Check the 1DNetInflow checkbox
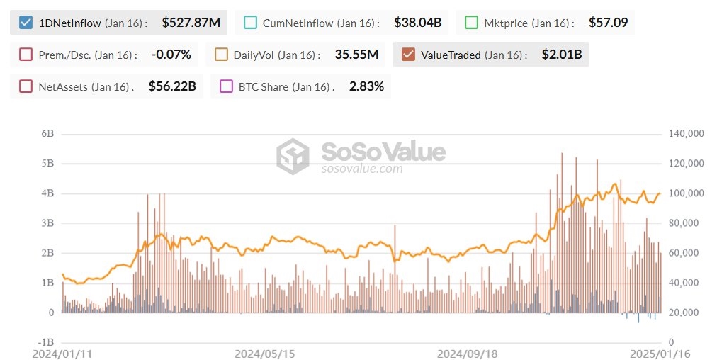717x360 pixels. [x=26, y=23]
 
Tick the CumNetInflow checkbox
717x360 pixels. [x=250, y=23]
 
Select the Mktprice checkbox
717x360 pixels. [x=472, y=23]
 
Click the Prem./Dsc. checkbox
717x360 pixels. [x=26, y=55]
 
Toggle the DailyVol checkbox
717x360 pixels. [x=221, y=55]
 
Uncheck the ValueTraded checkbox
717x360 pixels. [x=408, y=55]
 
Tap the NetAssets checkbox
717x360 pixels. [x=26, y=86]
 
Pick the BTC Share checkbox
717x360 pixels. [x=226, y=86]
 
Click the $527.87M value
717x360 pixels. [x=191, y=23]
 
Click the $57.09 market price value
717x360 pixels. [x=608, y=23]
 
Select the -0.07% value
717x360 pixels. [x=171, y=55]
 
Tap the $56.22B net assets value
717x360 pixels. [x=172, y=86]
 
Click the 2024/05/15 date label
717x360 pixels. [x=264, y=353]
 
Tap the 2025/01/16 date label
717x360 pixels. [x=661, y=353]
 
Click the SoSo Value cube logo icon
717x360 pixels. [x=293, y=156]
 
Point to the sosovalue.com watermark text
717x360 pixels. [x=362, y=169]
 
